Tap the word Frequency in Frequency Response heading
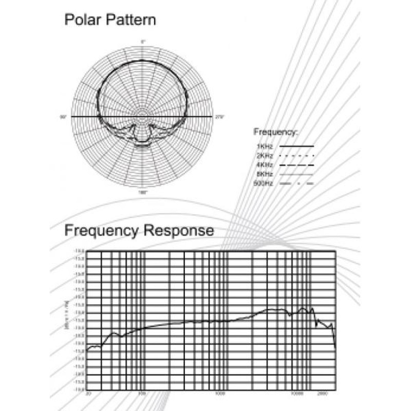pos(101,231)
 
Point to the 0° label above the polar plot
pos(143,41)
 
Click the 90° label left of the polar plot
pos(64,117)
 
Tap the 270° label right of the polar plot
pos(220,117)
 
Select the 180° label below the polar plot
pos(143,192)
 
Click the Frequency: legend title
pos(275,132)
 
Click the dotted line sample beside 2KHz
pos(296,156)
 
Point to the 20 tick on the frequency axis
pos(88,393)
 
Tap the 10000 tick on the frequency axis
pos(296,393)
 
